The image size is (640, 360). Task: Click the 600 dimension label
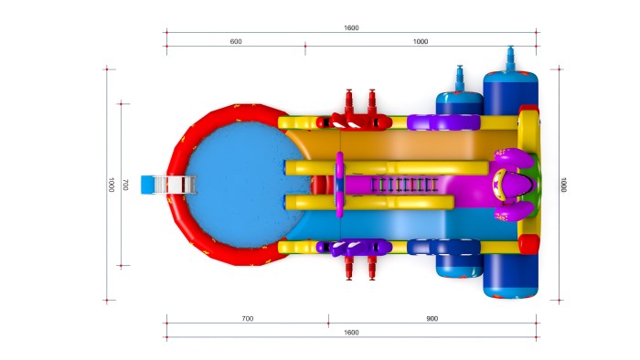[x=236, y=42]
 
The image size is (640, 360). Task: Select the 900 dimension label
[x=432, y=319]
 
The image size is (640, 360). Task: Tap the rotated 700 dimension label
[x=125, y=185]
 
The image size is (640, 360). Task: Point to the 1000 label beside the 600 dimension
[x=421, y=42]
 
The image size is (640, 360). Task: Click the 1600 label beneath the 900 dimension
[x=351, y=333]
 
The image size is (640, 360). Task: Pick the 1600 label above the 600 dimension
[x=351, y=27]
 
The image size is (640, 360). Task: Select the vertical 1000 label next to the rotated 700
[x=111, y=185]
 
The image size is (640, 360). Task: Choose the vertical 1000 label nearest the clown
[x=563, y=185]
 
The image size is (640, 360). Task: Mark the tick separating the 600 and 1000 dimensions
[x=305, y=48]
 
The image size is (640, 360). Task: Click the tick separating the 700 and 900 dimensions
[x=328, y=321]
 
